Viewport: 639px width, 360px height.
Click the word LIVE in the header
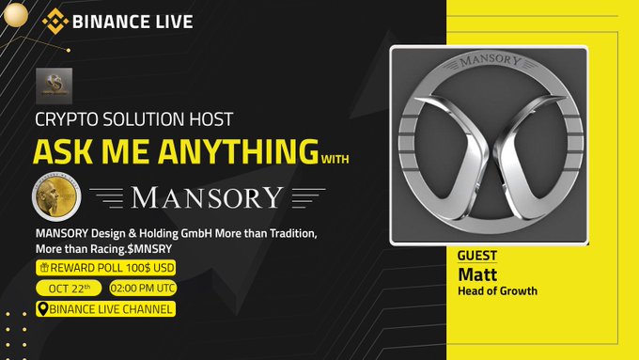(x=169, y=21)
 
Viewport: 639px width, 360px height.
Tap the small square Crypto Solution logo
(x=53, y=86)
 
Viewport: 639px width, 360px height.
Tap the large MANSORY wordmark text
(x=208, y=197)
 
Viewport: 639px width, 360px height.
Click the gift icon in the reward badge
(x=45, y=268)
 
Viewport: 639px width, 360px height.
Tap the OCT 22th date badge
(x=68, y=288)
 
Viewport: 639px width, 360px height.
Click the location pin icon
(x=42, y=308)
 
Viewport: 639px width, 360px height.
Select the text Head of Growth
(x=497, y=291)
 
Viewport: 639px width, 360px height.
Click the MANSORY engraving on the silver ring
(x=502, y=63)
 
